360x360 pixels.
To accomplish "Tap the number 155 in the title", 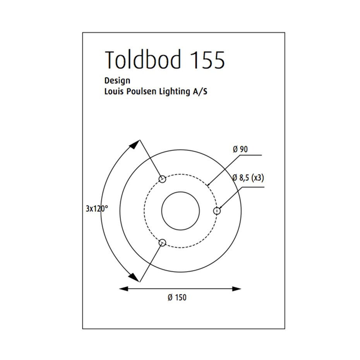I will pyautogui.click(x=207, y=60).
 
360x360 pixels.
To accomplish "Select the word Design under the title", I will pyautogui.click(x=117, y=81).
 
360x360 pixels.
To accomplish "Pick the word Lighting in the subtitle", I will pyautogui.click(x=174, y=93).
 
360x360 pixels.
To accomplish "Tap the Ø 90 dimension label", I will pyautogui.click(x=240, y=149).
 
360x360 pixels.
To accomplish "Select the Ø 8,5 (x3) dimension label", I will pyautogui.click(x=249, y=178).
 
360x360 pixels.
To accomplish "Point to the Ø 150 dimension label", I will pyautogui.click(x=177, y=298).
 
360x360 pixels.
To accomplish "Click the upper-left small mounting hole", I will pyautogui.click(x=163, y=179).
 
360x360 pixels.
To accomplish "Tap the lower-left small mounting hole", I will pyautogui.click(x=163, y=243).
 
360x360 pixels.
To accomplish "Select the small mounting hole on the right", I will pyautogui.click(x=217, y=211).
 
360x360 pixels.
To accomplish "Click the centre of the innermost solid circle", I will pyautogui.click(x=180, y=211).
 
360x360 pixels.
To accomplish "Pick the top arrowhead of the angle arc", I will pyautogui.click(x=134, y=144).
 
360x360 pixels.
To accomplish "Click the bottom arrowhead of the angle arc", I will pyautogui.click(x=134, y=277).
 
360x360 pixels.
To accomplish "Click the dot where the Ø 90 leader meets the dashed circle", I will pyautogui.click(x=208, y=185).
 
